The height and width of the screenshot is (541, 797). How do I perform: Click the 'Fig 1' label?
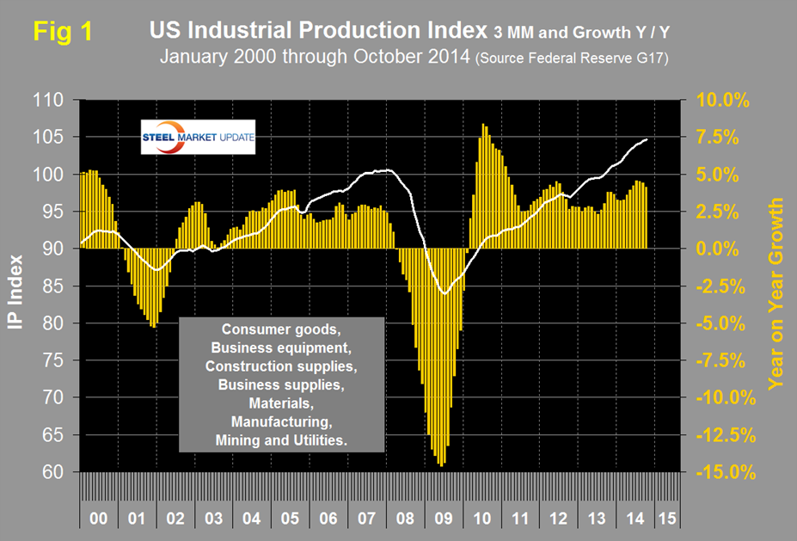pos(63,32)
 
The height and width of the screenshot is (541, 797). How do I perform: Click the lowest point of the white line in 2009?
pos(444,294)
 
